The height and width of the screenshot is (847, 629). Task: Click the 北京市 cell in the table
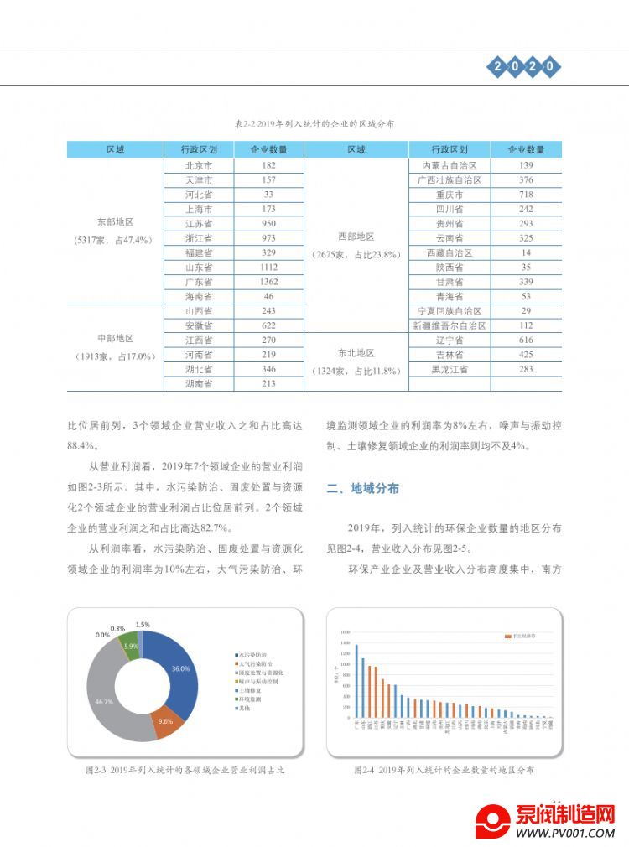click(198, 165)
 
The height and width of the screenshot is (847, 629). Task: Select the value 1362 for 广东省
click(268, 282)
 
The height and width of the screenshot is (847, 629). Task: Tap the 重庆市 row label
click(449, 195)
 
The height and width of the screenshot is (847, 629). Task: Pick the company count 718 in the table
click(526, 195)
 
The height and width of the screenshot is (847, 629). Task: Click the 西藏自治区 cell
click(449, 252)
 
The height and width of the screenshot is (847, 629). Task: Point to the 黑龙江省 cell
click(449, 369)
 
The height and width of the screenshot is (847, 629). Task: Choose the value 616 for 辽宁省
click(526, 340)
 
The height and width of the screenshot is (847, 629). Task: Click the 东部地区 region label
click(114, 223)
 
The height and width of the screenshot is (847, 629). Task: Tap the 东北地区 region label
click(356, 354)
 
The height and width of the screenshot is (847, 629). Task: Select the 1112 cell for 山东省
click(268, 268)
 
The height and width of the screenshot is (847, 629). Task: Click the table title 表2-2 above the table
click(314, 123)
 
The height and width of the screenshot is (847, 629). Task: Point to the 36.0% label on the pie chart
click(180, 668)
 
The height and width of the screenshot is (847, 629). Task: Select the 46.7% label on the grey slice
click(104, 701)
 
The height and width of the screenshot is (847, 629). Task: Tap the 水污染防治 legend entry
click(256, 654)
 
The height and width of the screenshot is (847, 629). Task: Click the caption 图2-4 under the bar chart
click(444, 769)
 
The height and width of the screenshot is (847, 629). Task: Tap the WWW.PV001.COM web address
click(565, 834)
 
